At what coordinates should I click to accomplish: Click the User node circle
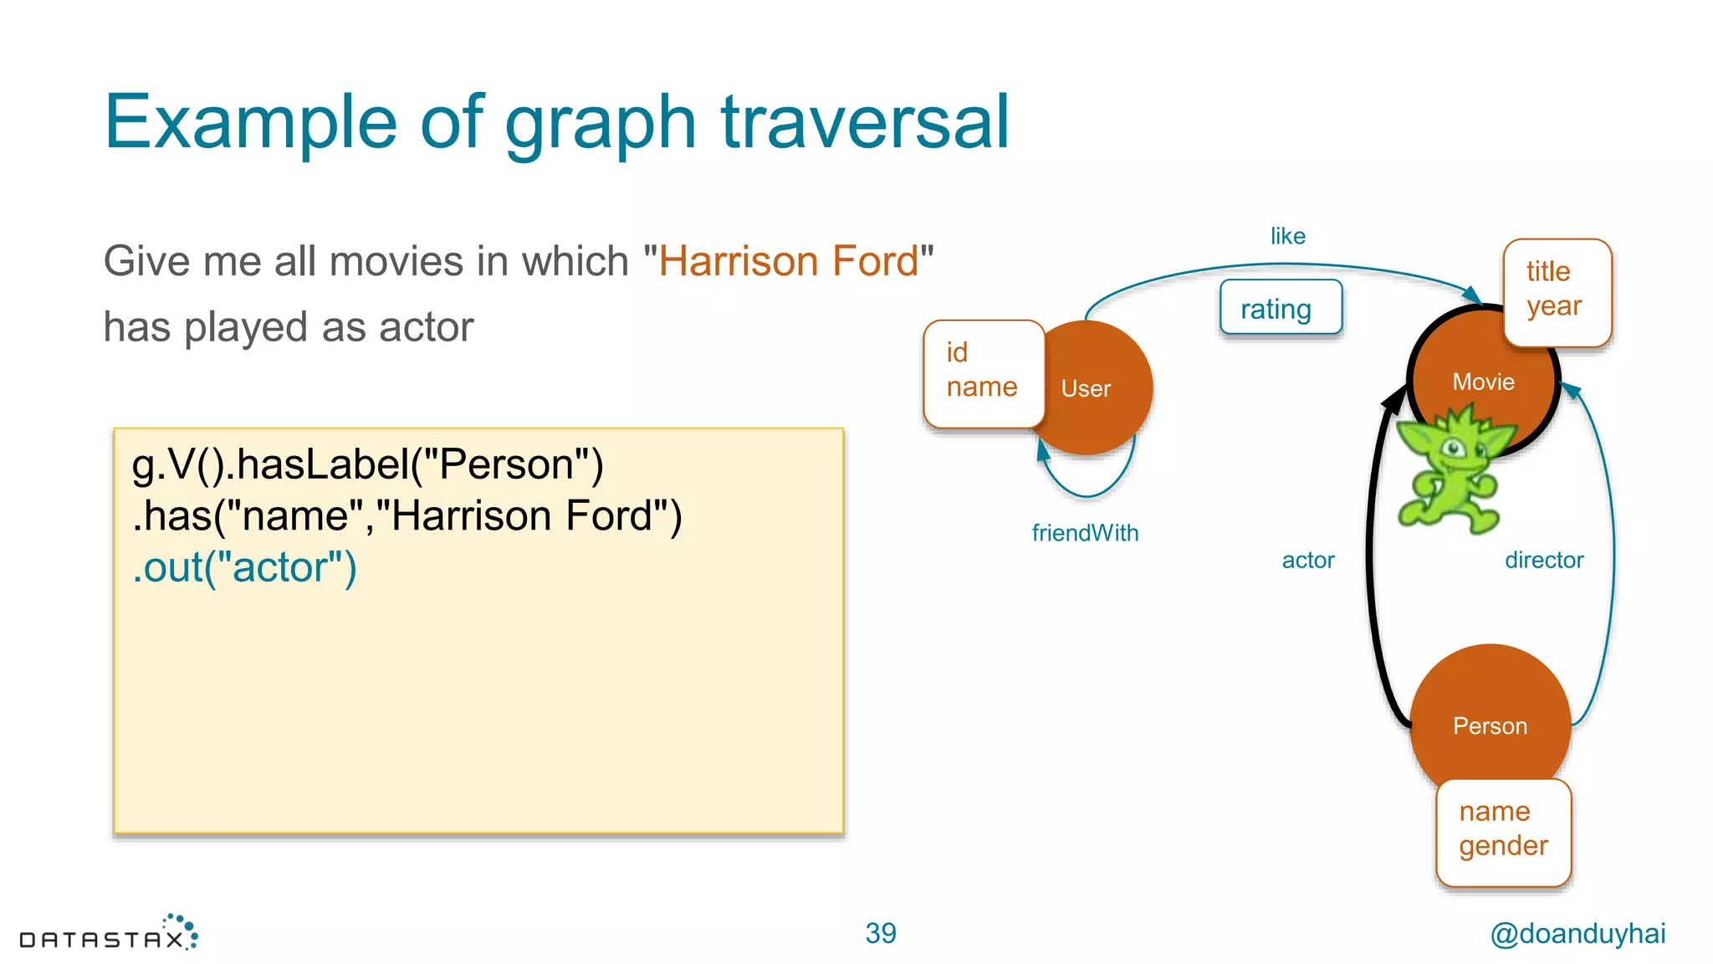pos(1096,388)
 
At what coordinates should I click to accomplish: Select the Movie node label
pos(1483,382)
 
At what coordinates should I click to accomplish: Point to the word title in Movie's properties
pos(1547,271)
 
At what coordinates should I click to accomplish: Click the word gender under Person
pos(1503,845)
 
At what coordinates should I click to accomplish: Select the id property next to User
pos(957,352)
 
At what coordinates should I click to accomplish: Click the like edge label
pos(1287,237)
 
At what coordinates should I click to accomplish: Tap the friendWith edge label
pos(1085,533)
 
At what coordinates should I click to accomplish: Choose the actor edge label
pos(1308,561)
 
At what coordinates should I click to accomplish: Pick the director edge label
pos(1544,561)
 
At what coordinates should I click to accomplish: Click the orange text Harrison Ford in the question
pos(788,261)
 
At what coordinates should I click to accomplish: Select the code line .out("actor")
pos(244,567)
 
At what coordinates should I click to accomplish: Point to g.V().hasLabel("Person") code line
pos(367,464)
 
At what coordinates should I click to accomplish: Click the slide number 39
pos(880,933)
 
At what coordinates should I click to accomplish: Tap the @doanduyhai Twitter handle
pos(1577,933)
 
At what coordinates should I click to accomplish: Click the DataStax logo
pos(109,934)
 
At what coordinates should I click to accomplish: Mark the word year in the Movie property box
pos(1553,306)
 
